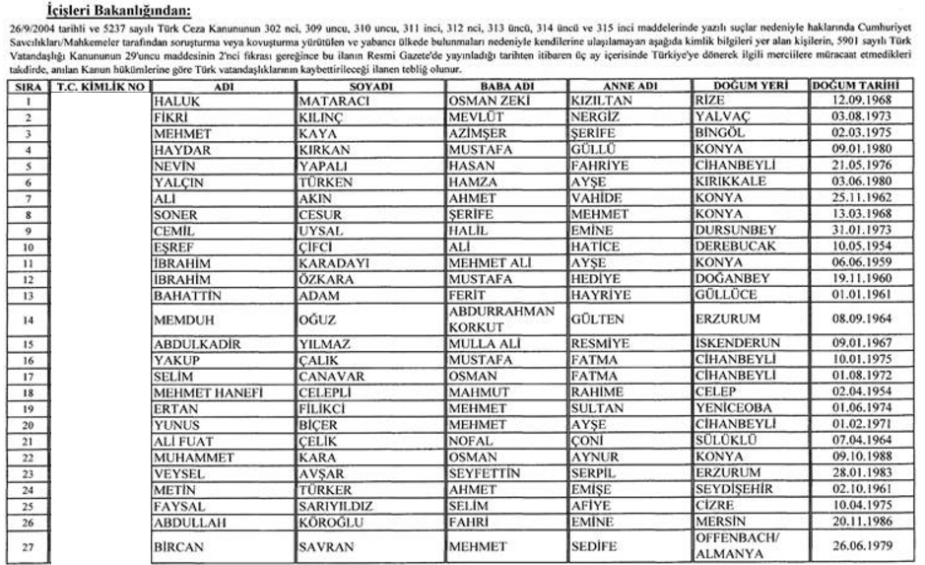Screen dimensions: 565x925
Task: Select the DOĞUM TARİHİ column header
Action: [x=853, y=86]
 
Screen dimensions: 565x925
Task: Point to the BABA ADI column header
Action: [x=504, y=86]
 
